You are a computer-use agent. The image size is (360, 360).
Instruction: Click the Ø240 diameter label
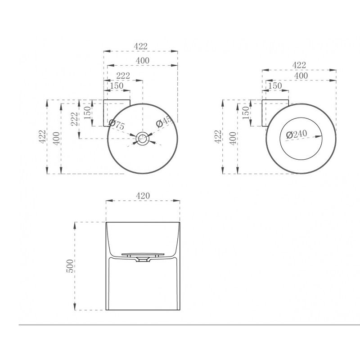tap(297, 134)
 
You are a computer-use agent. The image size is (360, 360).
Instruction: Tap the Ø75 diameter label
tap(117, 125)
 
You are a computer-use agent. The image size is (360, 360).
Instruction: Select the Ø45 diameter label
tap(164, 121)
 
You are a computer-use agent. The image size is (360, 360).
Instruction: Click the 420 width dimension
tap(143, 196)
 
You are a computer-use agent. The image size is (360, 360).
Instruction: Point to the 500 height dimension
tap(70, 266)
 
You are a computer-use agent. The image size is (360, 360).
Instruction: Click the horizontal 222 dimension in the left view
tap(123, 76)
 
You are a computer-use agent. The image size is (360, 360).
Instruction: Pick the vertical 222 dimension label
tap(74, 119)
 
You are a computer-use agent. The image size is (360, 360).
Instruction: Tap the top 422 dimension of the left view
tap(140, 46)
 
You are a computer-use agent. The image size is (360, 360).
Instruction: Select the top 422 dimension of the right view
tap(299, 65)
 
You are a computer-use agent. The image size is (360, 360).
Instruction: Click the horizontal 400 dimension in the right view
tap(301, 76)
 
